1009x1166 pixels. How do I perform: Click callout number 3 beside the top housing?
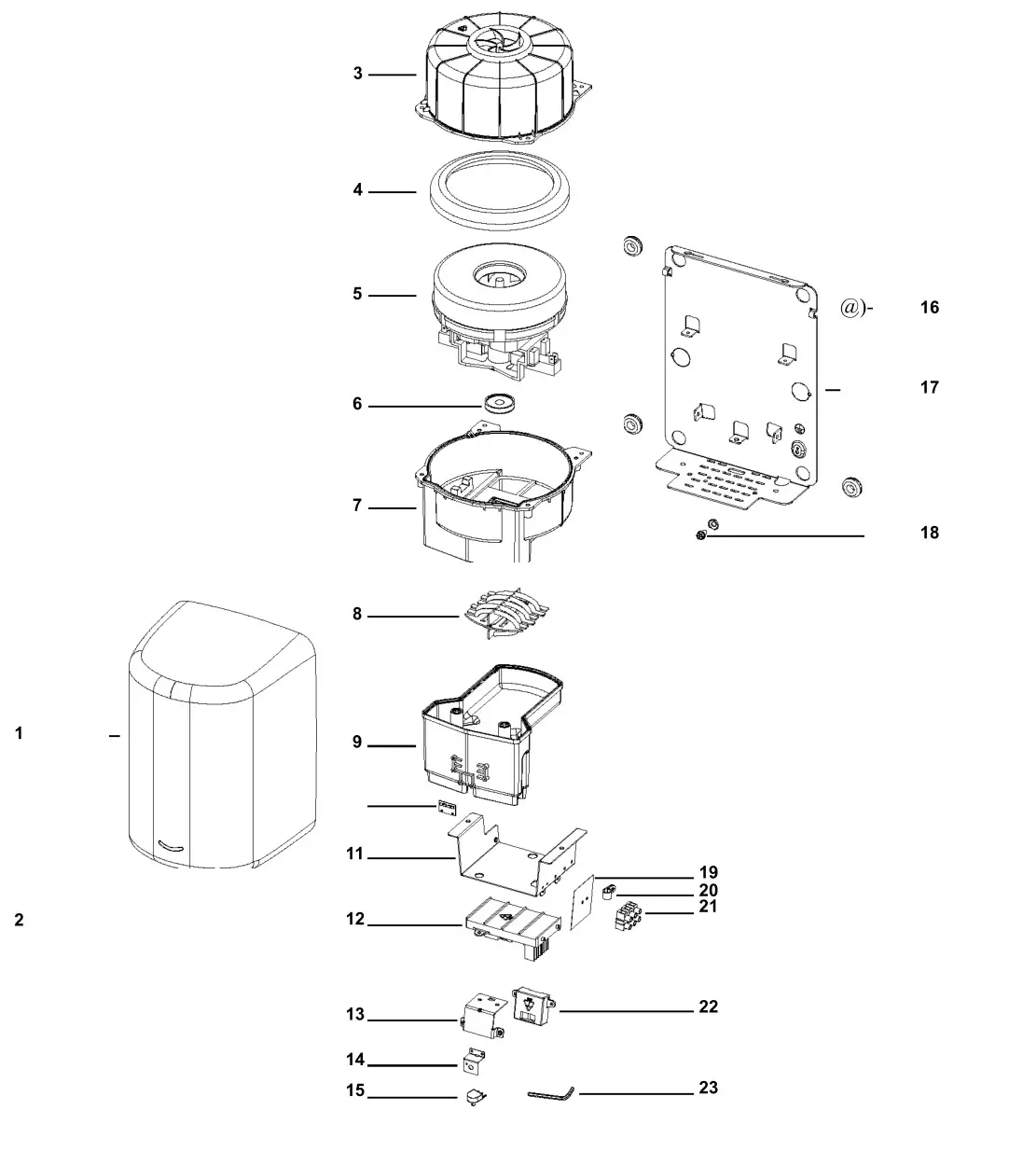(x=357, y=74)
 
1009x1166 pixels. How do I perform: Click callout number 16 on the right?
(x=929, y=308)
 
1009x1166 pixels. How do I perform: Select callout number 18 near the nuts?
(x=929, y=534)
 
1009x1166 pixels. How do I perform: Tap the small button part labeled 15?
(x=476, y=1097)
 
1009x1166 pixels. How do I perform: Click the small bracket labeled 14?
(x=476, y=1061)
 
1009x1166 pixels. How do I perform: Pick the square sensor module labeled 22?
(x=532, y=1007)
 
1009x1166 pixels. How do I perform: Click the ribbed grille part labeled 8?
(x=503, y=613)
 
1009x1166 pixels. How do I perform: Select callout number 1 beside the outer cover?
(x=19, y=734)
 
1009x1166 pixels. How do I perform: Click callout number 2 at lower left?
(x=19, y=921)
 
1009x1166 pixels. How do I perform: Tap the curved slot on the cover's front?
(x=172, y=845)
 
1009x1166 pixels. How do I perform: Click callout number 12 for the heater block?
(x=355, y=920)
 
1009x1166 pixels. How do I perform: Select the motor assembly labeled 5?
(x=501, y=312)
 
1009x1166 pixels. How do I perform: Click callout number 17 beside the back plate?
(x=929, y=387)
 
